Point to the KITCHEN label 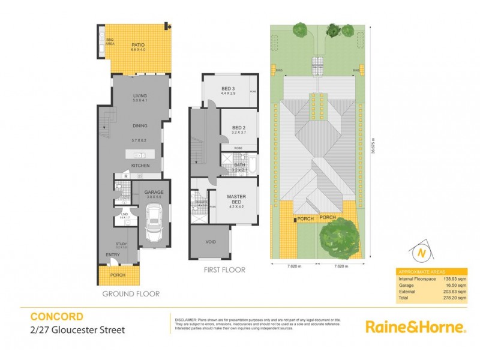point(140,166)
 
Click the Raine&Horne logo point(416,327)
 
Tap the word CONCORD point(57,316)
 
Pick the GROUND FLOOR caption point(131,294)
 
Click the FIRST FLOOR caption point(225,270)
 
